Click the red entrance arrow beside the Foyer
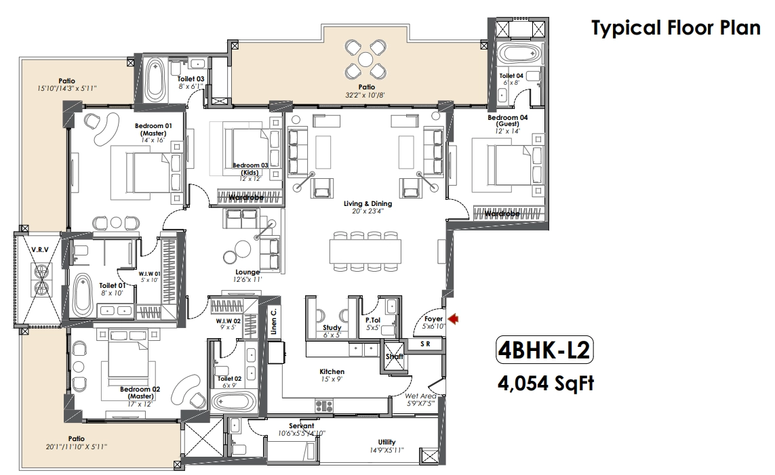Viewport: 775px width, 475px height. click(x=453, y=318)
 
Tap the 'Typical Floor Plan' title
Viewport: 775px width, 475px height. click(x=675, y=28)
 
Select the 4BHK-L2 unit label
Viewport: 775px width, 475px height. click(x=544, y=350)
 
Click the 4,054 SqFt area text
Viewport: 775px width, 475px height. click(x=546, y=383)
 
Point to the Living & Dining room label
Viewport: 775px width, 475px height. click(x=367, y=203)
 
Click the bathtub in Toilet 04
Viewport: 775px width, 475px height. click(x=519, y=54)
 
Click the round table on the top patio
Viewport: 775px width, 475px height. click(x=365, y=60)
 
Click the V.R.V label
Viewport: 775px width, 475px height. click(x=40, y=250)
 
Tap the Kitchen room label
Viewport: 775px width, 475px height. click(x=332, y=372)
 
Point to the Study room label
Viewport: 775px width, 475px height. click(x=332, y=327)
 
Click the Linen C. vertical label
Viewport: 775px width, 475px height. click(x=274, y=321)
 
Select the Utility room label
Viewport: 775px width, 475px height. click(x=387, y=442)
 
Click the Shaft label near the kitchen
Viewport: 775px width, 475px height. click(x=395, y=356)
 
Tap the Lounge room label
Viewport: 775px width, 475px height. click(x=247, y=272)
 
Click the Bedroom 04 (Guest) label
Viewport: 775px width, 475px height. click(x=508, y=121)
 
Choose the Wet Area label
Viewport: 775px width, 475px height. click(x=420, y=396)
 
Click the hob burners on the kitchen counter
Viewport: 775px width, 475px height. click(x=324, y=406)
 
